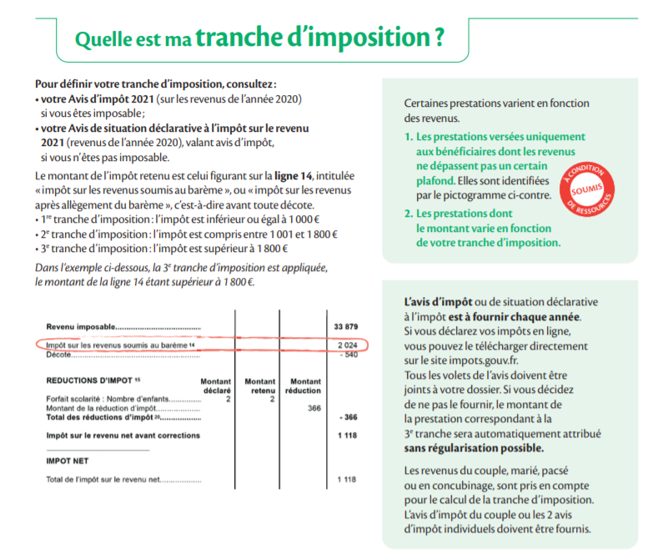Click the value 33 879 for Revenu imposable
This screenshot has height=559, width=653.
[344, 326]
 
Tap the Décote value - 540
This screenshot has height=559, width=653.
[347, 354]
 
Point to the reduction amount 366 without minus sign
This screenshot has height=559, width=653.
[314, 408]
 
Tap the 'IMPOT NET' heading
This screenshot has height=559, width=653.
[67, 460]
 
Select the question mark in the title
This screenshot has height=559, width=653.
[438, 38]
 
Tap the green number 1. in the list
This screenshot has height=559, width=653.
[409, 137]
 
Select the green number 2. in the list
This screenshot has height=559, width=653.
[409, 214]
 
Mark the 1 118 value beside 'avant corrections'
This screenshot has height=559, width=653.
[346, 436]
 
